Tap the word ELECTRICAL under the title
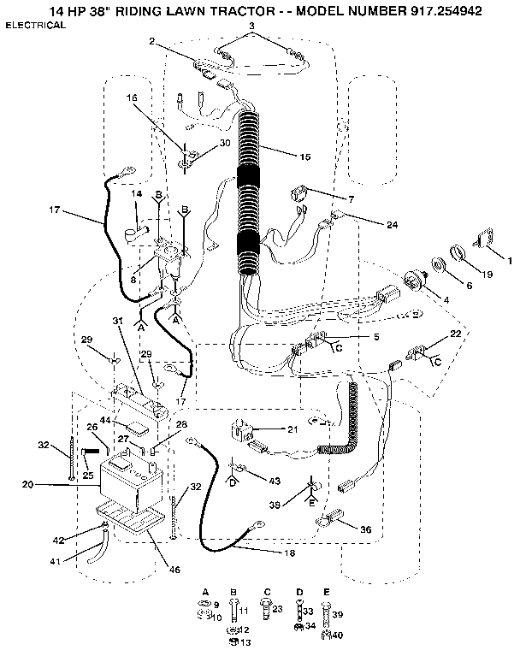coord(36,26)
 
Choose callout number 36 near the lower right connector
coord(365,529)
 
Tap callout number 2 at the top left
coord(151,41)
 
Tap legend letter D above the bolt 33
coord(300,592)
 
